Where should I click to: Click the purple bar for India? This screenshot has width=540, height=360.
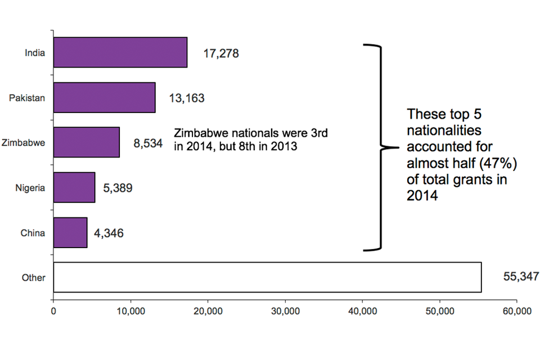120,52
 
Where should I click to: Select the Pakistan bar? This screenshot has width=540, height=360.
104,97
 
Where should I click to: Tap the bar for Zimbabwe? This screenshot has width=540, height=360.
86,142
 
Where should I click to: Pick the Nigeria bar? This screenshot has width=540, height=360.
74,187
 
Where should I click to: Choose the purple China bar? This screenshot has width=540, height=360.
70,232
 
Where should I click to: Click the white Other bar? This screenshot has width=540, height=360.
267,277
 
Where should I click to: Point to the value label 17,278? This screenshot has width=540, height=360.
221,54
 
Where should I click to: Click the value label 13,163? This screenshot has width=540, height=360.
186,98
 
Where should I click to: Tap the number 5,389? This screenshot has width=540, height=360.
118,188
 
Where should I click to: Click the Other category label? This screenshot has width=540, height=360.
34,277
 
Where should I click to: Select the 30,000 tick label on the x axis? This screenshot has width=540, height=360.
285,311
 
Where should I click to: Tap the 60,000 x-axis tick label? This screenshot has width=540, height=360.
516,311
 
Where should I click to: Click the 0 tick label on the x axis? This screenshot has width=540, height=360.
53,311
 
